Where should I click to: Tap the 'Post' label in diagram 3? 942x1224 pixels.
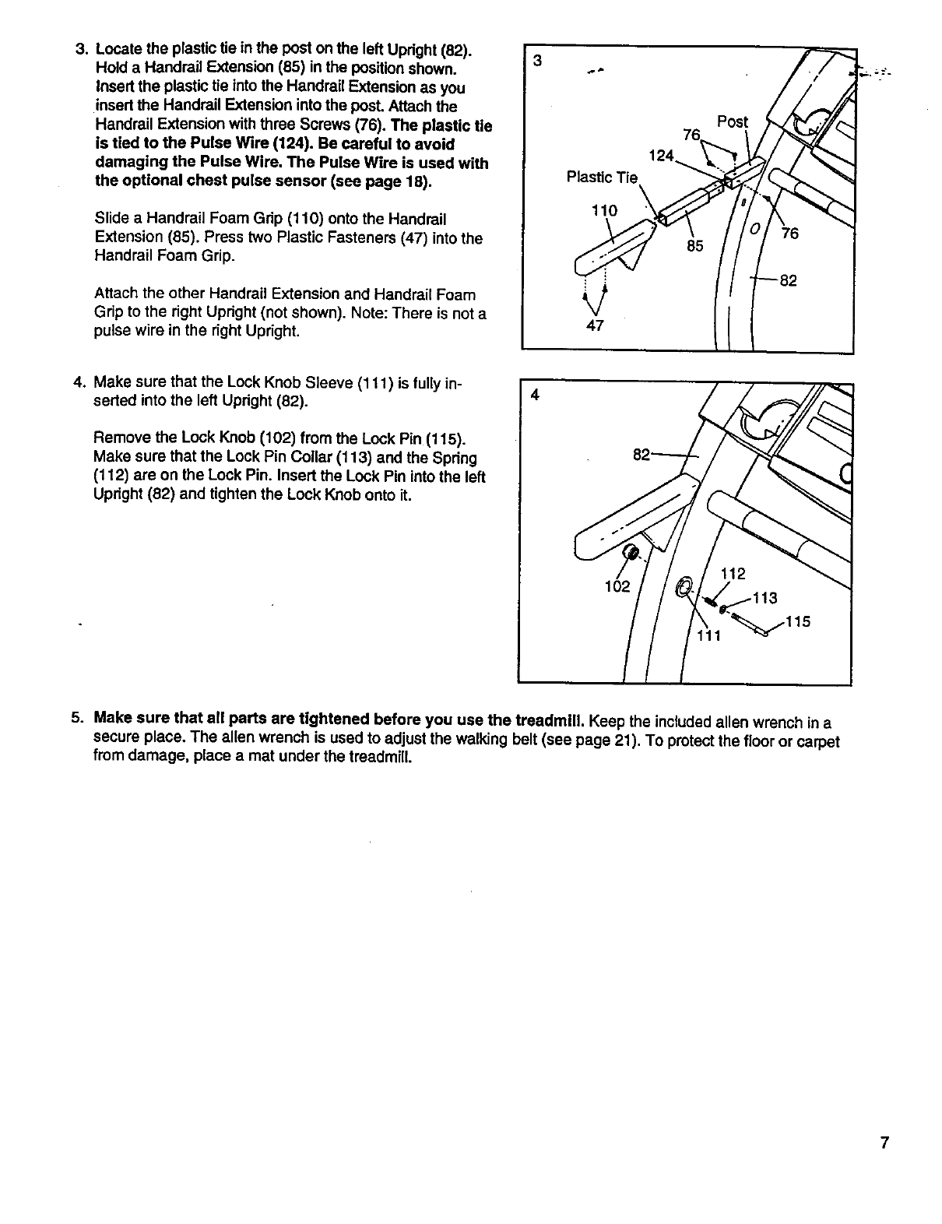coord(732,122)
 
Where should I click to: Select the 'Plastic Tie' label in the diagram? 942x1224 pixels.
coord(602,178)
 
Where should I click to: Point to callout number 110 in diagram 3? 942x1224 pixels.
coord(604,210)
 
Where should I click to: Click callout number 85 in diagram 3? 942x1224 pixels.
coord(694,246)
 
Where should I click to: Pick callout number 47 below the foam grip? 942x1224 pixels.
coord(594,326)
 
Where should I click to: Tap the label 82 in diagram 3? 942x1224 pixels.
coord(788,280)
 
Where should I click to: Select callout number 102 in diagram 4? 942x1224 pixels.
coord(617,586)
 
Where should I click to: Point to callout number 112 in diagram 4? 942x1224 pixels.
coord(733,575)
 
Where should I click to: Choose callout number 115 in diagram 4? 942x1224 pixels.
coord(798,622)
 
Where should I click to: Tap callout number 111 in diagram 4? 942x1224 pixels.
coord(709,636)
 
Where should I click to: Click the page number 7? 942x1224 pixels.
coord(884,1143)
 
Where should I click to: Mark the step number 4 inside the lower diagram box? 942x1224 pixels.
coord(533,395)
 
